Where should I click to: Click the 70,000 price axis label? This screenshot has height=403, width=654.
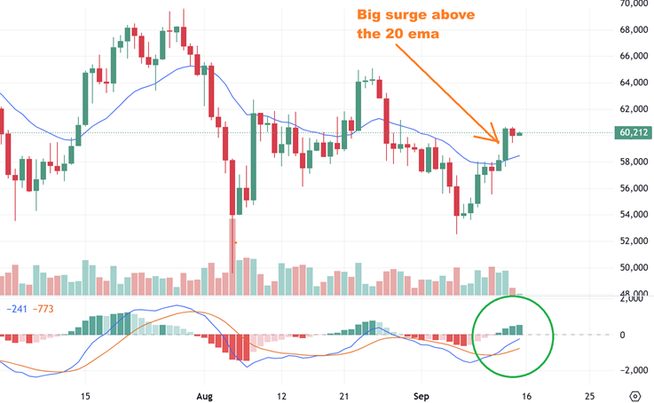point(633,4)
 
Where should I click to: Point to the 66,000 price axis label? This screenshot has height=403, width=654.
point(633,56)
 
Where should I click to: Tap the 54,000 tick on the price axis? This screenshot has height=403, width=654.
point(633,214)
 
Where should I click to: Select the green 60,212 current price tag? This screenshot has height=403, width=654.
point(633,134)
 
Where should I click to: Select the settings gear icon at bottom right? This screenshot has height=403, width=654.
point(634,395)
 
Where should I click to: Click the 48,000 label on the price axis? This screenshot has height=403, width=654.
point(633,294)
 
